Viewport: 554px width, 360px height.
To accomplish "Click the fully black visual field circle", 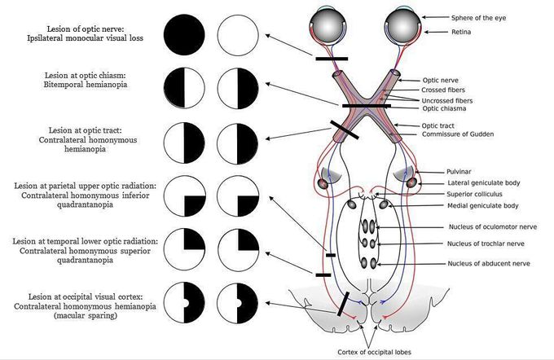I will [x=184, y=37].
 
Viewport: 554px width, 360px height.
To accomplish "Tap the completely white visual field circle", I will [x=238, y=37].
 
